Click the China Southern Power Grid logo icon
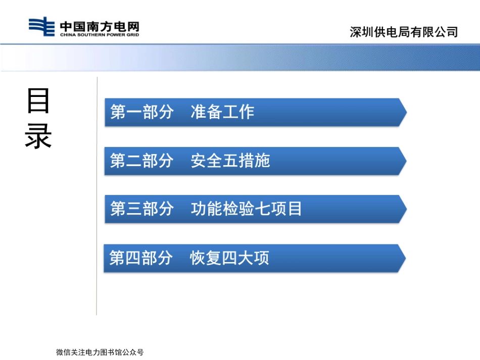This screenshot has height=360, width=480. [x=41, y=27]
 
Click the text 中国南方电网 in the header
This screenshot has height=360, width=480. [x=99, y=25]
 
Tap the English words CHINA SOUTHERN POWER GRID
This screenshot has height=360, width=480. [x=99, y=34]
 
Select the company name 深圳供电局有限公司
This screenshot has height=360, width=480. [x=404, y=32]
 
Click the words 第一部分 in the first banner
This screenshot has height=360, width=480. [x=141, y=112]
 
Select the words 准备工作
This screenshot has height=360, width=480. [x=222, y=112]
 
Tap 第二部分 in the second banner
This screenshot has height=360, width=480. [x=141, y=161]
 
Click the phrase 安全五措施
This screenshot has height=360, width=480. [x=230, y=161]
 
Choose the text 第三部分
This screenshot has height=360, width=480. [x=141, y=209]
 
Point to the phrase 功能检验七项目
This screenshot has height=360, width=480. [x=247, y=209]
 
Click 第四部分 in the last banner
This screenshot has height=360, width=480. [x=141, y=258]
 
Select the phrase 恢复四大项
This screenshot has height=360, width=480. [x=229, y=258]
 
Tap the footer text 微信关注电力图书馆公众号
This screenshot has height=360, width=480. [x=100, y=352]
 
